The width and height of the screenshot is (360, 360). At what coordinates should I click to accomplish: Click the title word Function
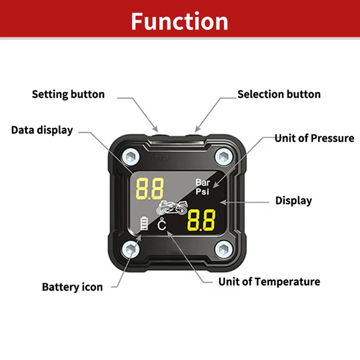(x=180, y=21)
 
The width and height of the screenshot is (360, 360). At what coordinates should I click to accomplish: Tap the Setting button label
(x=68, y=94)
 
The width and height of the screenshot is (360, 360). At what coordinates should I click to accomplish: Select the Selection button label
(x=279, y=94)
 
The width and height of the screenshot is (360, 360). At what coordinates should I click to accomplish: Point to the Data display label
(x=42, y=130)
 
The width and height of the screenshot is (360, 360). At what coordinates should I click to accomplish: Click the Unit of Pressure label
(x=314, y=139)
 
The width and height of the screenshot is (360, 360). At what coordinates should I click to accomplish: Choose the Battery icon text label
(x=72, y=287)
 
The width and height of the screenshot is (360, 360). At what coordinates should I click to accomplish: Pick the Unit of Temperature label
(x=269, y=281)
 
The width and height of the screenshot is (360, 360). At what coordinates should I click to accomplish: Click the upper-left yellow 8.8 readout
(x=150, y=188)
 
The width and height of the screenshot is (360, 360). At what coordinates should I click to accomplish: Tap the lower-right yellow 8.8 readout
(x=200, y=220)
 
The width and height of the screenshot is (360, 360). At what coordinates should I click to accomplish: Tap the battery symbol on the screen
(x=143, y=224)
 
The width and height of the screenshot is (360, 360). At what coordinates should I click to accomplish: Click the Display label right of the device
(x=293, y=201)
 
